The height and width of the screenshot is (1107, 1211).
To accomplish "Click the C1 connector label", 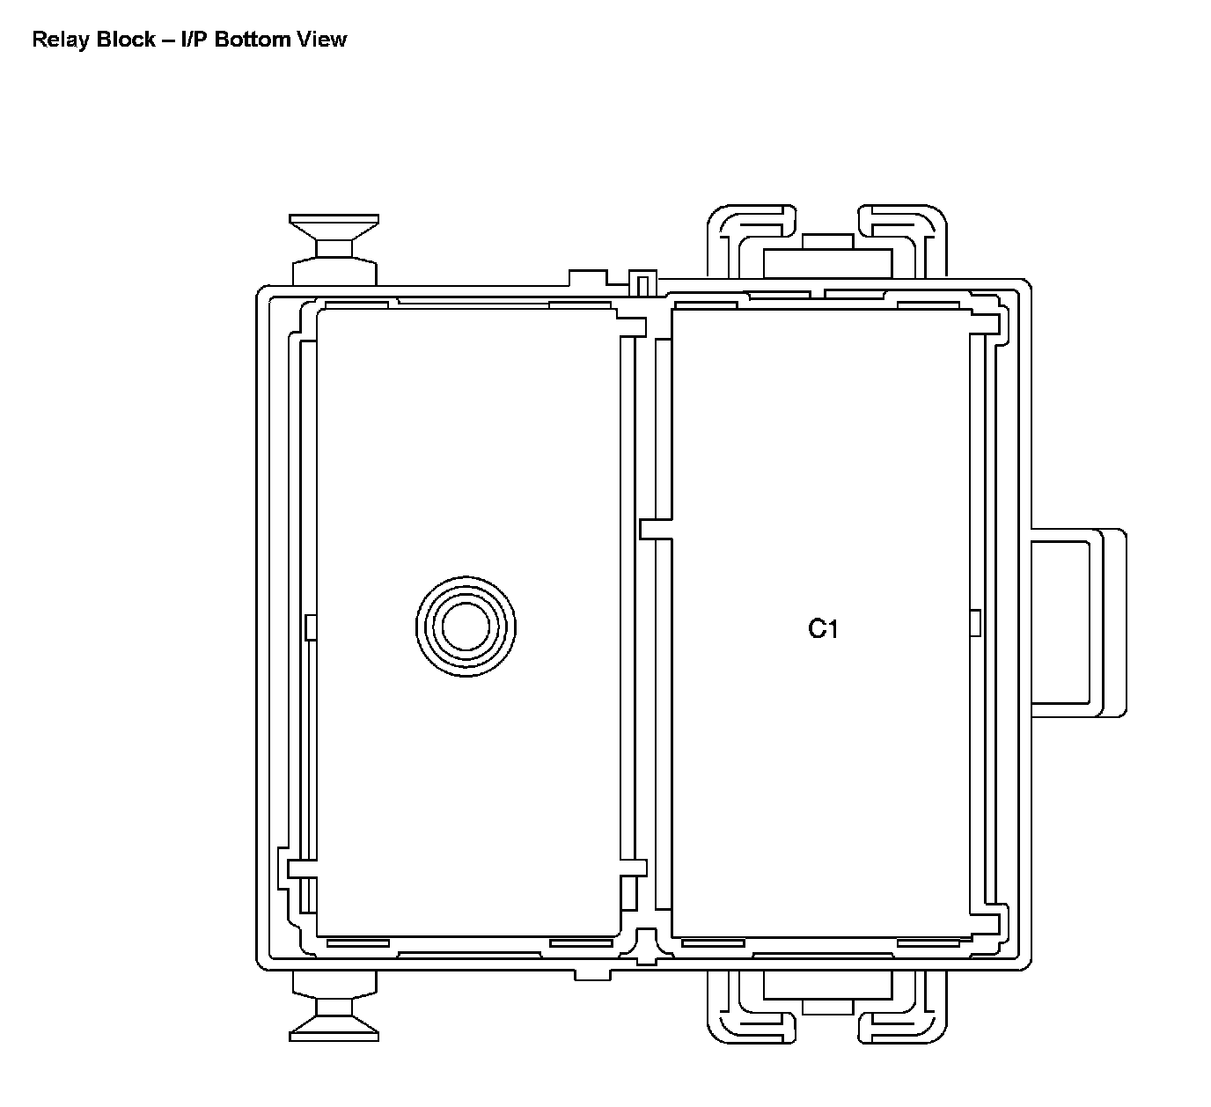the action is [x=823, y=628].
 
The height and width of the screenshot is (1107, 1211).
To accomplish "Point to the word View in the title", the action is [x=322, y=40].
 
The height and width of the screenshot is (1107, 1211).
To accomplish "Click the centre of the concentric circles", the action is [x=466, y=627].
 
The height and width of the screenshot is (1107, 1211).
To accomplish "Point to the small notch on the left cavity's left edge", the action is [x=311, y=627].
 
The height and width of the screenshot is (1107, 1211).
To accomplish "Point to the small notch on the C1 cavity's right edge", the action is [x=974, y=622].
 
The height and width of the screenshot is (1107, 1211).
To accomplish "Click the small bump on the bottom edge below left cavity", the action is [x=591, y=974].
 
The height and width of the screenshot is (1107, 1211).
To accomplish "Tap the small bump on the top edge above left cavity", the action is [x=587, y=278].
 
